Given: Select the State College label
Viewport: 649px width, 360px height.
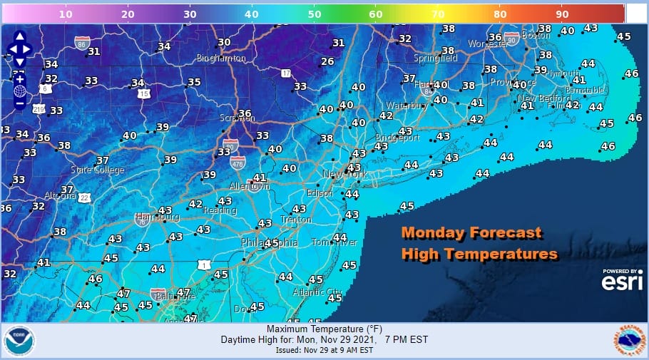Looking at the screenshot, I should pos(97,170).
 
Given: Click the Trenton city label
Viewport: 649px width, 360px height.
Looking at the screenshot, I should pos(295,220).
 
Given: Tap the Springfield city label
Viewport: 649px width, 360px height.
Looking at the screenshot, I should pos(435,59).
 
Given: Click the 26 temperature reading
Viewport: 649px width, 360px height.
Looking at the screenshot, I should pos(327,62).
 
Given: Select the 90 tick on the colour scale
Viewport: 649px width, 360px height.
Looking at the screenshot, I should pos(561,14).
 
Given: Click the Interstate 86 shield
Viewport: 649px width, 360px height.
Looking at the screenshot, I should pos(82,43).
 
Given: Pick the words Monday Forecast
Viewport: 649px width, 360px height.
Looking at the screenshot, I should pos(471,232).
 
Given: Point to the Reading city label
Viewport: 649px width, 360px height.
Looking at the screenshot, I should pos(220,210).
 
